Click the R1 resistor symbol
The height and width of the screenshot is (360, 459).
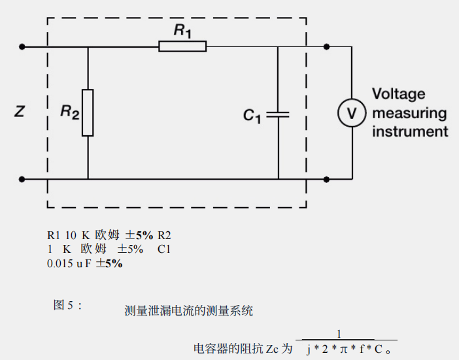tap(182, 46)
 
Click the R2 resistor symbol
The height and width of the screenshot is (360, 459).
tap(88, 112)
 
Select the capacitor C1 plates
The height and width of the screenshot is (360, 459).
tap(278, 114)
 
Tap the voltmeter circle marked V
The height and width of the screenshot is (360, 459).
tap(351, 113)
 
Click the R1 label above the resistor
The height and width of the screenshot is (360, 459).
tap(182, 30)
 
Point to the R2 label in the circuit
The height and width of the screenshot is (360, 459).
tap(69, 112)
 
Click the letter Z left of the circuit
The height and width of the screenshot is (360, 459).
tap(20, 112)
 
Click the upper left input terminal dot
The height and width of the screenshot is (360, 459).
tap(23, 46)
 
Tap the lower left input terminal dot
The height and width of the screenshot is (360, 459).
tap(23, 178)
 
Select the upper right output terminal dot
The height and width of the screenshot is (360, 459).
tap(327, 46)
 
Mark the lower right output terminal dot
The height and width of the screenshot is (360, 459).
tap(327, 178)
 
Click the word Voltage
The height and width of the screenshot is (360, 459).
tap(398, 94)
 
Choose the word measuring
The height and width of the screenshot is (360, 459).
tap(409, 113)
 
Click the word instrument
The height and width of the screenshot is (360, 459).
tap(410, 131)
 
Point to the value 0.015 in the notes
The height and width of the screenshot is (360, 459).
tap(59, 264)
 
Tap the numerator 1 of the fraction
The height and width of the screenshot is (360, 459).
tap(339, 335)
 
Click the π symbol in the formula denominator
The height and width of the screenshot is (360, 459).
tap(342, 349)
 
